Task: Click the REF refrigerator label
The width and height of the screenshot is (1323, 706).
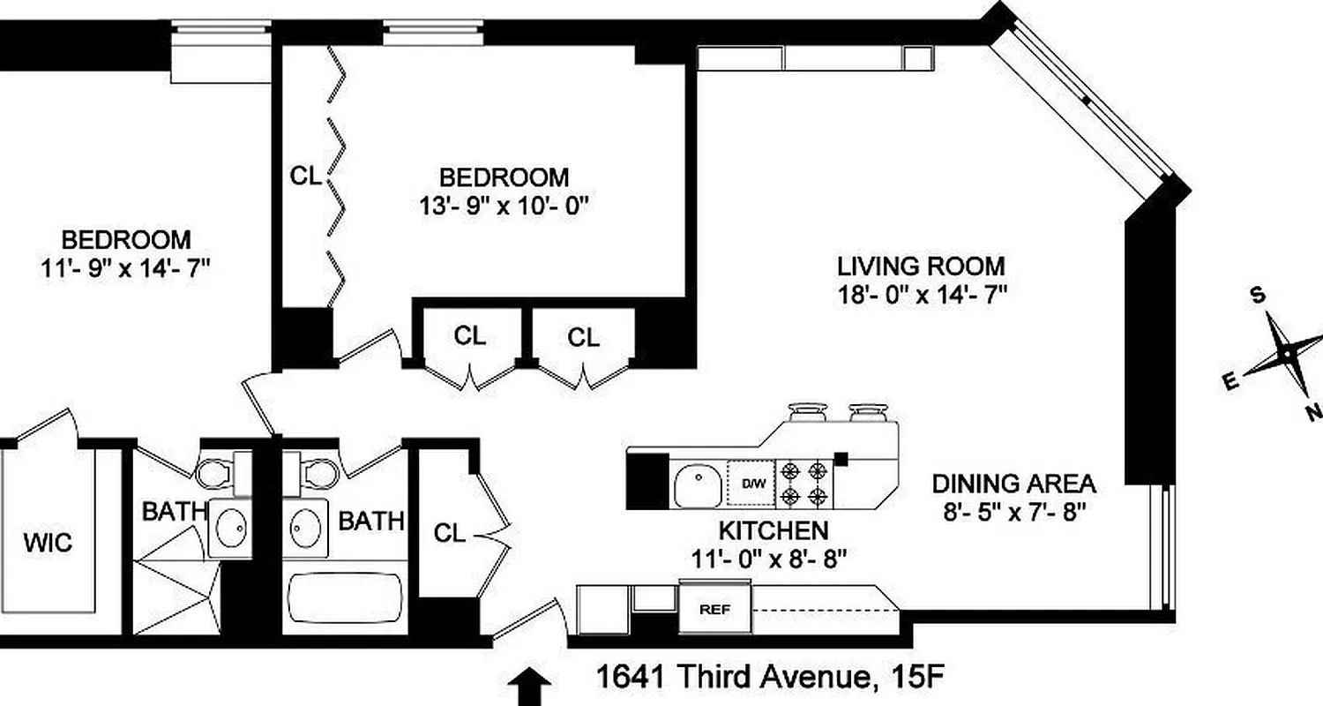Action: tap(714, 609)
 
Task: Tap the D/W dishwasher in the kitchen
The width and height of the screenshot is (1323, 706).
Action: tap(752, 484)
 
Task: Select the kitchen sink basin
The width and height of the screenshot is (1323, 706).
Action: tap(699, 485)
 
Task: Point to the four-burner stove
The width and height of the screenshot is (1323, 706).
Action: tap(804, 484)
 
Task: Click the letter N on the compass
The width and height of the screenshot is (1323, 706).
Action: tap(1313, 411)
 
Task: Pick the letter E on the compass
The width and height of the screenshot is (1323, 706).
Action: tap(1228, 381)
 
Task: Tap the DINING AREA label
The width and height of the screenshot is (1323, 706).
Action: tap(1014, 484)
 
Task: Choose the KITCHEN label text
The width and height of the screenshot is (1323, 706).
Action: tap(773, 530)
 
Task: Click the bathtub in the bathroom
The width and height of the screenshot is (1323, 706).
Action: tap(344, 602)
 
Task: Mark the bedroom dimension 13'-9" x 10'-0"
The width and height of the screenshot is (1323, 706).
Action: tap(504, 206)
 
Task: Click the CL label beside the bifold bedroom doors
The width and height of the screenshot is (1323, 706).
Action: tap(306, 176)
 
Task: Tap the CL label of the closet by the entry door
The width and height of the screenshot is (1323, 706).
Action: tap(450, 533)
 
